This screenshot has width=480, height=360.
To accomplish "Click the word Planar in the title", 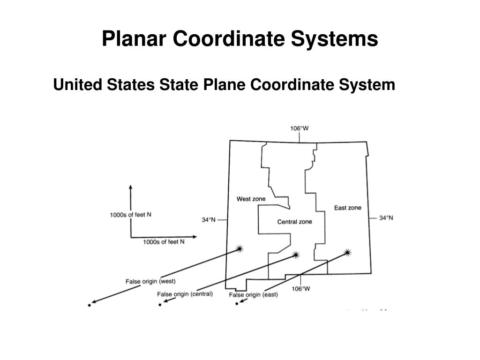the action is click(134, 38).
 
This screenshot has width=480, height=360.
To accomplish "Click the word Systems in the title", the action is click(334, 38).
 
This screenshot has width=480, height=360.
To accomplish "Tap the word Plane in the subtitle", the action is click(224, 84).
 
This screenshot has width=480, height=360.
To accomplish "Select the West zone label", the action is click(251, 199).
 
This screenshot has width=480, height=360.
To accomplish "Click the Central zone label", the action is click(294, 222).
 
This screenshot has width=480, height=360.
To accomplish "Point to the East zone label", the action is click(348, 208).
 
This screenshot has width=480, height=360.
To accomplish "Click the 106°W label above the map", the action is click(300, 128).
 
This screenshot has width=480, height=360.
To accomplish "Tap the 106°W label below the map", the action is click(300, 289).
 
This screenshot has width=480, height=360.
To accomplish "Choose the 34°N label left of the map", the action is click(209, 220).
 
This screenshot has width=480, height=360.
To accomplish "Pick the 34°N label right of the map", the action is click(386, 218).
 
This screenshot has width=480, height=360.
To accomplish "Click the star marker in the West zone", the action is click(240, 248).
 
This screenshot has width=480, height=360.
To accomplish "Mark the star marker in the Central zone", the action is click(296, 255).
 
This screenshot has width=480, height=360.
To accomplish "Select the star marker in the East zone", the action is click(347, 253).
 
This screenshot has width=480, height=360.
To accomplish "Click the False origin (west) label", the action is click(150, 281).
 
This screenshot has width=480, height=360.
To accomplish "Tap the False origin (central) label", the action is click(185, 294).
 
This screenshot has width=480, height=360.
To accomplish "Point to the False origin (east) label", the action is click(254, 295).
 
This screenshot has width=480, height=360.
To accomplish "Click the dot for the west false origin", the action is click(90, 305).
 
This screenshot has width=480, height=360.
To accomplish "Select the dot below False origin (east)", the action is click(237, 304).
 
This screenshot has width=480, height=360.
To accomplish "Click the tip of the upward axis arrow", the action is click(131, 185).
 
